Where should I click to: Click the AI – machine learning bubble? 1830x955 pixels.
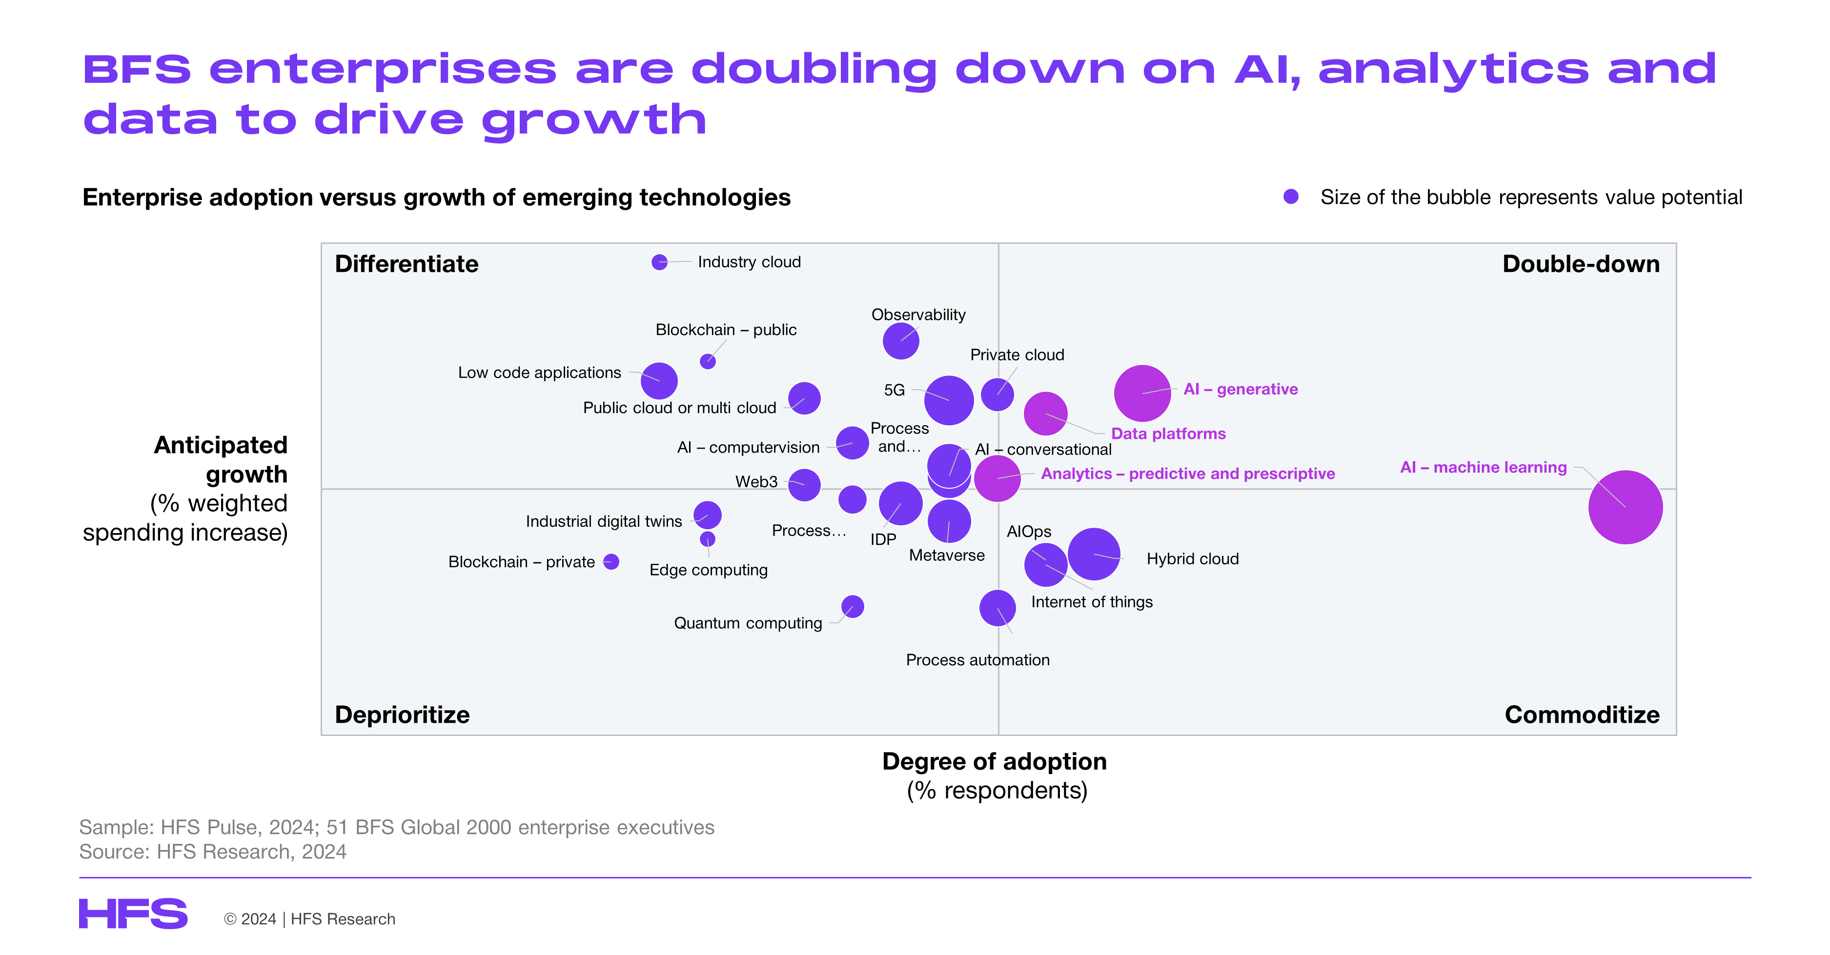click(1626, 507)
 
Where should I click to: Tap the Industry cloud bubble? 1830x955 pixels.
click(659, 262)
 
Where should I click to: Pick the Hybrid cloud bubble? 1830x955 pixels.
click(1094, 554)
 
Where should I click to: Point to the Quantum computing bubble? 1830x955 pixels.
click(853, 606)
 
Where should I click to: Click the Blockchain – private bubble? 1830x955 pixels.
click(611, 562)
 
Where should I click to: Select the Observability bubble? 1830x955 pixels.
click(901, 341)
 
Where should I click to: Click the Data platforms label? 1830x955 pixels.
click(1169, 434)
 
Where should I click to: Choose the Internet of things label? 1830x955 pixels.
click(1092, 602)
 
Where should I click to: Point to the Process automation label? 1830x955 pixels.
click(977, 660)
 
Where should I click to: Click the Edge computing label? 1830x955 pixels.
click(708, 570)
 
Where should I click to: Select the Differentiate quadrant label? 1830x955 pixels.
click(407, 264)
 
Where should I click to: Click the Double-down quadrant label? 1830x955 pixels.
click(1581, 264)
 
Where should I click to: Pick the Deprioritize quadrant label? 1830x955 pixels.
click(402, 715)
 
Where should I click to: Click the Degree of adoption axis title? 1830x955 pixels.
click(995, 761)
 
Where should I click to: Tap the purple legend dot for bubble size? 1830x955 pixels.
click(1291, 197)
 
